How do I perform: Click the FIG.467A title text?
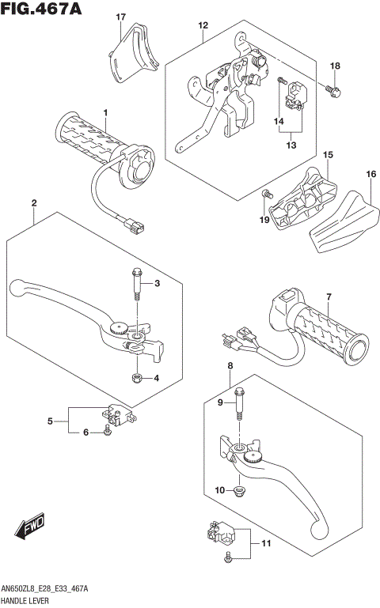tap(42, 9)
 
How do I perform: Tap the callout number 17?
tap(120, 17)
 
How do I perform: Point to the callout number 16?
tap(370, 174)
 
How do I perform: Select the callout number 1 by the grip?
tap(104, 112)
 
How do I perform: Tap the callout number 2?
tap(33, 204)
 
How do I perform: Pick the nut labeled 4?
tap(138, 377)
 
